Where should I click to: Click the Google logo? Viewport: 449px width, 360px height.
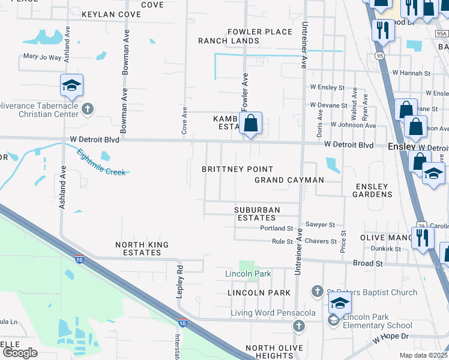tap(20, 353)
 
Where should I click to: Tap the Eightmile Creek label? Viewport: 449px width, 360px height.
tap(101, 162)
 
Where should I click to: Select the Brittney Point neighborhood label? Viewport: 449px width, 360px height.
tap(237, 169)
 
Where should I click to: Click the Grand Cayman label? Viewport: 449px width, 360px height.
tap(289, 180)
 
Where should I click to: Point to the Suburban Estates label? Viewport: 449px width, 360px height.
tap(256, 214)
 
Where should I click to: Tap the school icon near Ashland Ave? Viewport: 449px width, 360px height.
tap(71, 86)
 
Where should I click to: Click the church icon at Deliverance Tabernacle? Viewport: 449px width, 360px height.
tap(88, 109)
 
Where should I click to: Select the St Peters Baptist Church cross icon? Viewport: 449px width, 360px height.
tap(318, 292)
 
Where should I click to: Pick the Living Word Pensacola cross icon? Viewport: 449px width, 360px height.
tap(298, 326)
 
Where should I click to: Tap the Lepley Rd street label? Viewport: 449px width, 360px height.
tap(178, 280)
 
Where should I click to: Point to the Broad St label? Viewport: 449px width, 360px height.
tap(367, 263)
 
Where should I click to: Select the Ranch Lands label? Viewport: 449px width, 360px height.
tap(229, 41)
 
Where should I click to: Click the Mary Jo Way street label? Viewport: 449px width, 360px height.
tap(42, 57)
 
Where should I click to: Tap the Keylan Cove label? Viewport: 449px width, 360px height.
tap(110, 14)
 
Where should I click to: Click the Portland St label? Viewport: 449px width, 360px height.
tap(276, 229)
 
